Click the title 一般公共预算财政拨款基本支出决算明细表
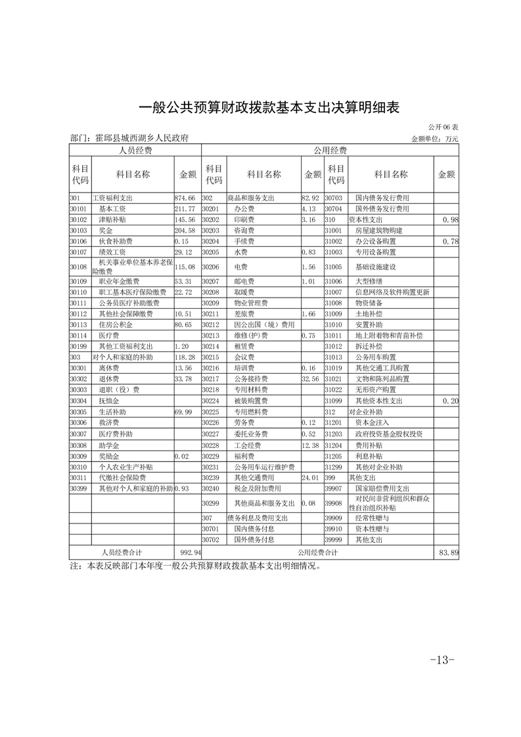pos(260,107)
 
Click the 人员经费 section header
pos(135,151)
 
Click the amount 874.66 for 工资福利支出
pos(185,198)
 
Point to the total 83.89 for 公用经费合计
pos(449,553)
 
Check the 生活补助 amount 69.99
pos(184,412)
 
